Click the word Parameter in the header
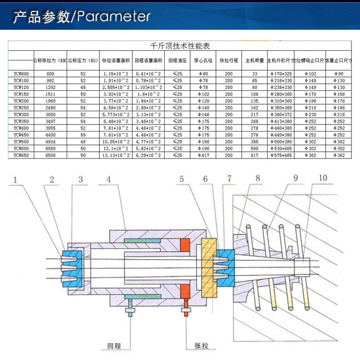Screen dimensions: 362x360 point(114,17)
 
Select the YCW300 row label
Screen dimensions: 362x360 point(21,115)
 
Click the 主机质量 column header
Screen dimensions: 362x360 point(254,61)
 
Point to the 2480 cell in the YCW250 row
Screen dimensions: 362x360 point(50,109)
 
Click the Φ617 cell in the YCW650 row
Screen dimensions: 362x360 point(204,156)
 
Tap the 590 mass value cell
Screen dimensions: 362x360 point(254,149)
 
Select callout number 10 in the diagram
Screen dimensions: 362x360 point(323,178)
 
